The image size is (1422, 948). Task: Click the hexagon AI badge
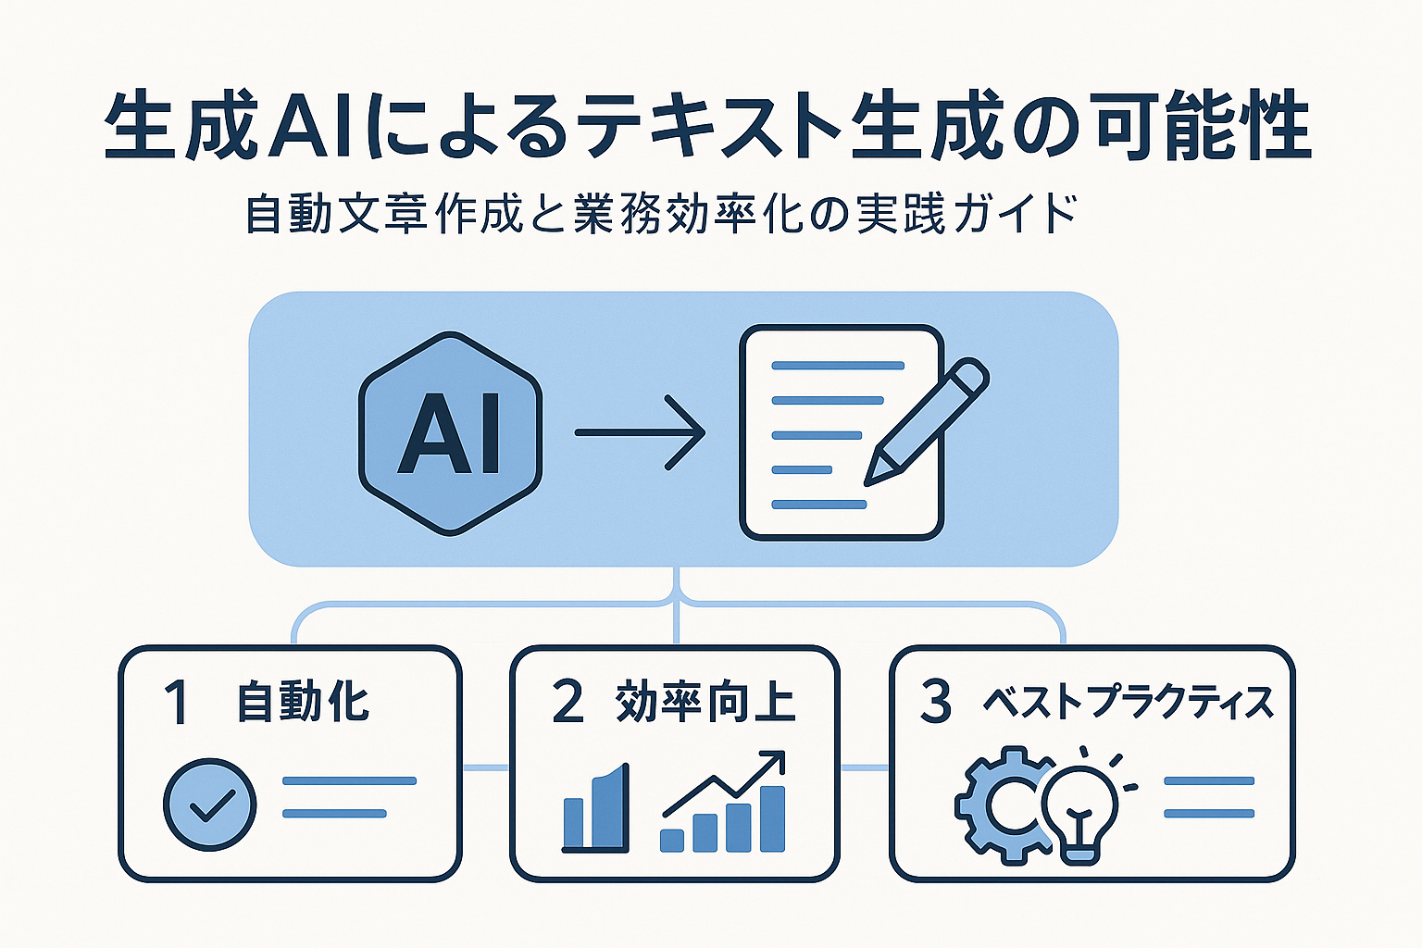click(450, 433)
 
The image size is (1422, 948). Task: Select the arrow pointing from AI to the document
click(640, 432)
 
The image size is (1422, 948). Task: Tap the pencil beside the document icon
click(927, 422)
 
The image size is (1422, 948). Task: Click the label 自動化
click(303, 702)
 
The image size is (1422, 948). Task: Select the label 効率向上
click(705, 702)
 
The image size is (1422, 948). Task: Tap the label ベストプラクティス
click(1129, 703)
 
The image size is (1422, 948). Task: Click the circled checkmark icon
click(209, 804)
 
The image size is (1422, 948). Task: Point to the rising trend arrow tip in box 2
click(782, 755)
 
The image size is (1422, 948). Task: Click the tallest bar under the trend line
click(773, 818)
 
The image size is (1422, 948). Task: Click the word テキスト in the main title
click(712, 125)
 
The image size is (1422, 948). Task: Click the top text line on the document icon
click(838, 366)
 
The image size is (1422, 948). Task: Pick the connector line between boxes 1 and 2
click(486, 767)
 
